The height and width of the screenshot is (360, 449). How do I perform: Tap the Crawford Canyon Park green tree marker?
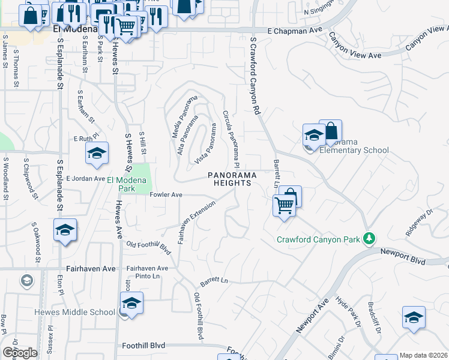(370, 239)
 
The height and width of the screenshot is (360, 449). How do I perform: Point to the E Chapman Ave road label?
(292, 30)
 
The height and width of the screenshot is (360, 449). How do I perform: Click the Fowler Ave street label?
(166, 194)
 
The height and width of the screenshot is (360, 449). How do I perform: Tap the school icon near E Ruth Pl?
(97, 154)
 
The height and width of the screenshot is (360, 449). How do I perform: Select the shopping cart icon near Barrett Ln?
(284, 206)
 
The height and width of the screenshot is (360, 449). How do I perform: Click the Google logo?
(20, 353)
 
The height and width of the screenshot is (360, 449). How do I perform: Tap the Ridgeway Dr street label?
(418, 221)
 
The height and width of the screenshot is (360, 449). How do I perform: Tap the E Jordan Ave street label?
(85, 179)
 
